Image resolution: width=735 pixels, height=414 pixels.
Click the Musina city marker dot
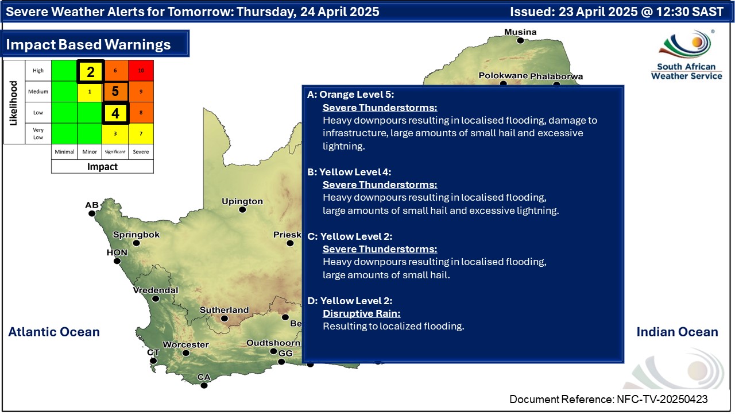[x=520, y=41]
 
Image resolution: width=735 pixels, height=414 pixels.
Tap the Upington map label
[x=242, y=201]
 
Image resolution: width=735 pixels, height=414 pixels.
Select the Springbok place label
[x=136, y=235]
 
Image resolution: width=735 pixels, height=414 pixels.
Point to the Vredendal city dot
[x=156, y=298]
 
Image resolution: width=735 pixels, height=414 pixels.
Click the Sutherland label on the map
[x=225, y=310]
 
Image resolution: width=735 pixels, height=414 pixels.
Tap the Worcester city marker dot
[x=185, y=353]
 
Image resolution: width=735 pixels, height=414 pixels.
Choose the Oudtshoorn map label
[x=273, y=343]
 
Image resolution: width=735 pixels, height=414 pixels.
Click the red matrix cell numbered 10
[x=141, y=70]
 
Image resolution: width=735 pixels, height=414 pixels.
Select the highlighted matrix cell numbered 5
[x=115, y=91]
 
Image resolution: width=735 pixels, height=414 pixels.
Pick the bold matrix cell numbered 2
[x=91, y=71]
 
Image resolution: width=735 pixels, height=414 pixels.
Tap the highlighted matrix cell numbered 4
[x=115, y=113]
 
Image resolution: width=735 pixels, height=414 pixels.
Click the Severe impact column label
[x=141, y=152]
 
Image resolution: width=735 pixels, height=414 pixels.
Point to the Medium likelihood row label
[x=38, y=91]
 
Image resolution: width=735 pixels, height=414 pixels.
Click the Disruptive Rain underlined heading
[x=362, y=313]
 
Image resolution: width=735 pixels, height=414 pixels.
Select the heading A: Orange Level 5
[x=350, y=94]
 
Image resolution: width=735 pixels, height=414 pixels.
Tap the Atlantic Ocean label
[x=54, y=332]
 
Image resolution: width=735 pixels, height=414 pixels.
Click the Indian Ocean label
[x=677, y=332]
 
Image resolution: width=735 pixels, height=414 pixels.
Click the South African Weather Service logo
[x=686, y=55]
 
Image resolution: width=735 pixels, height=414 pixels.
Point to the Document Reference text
[x=608, y=399]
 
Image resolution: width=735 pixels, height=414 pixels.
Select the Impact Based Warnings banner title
[x=88, y=44]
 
